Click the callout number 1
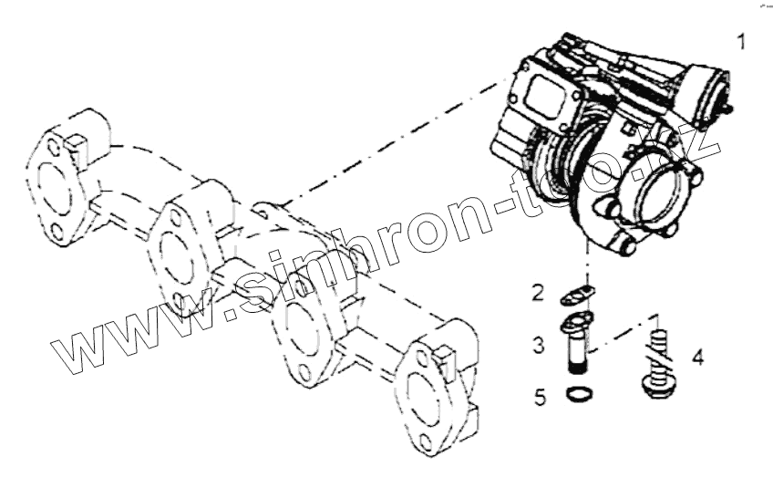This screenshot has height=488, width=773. click(743, 43)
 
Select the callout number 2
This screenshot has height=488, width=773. click(539, 293)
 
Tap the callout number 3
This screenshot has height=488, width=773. click(539, 345)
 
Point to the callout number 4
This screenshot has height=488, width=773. click(697, 357)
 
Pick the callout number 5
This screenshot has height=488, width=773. click(541, 397)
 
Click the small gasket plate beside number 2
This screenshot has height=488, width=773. click(575, 294)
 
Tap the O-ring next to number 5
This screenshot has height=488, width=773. click(578, 394)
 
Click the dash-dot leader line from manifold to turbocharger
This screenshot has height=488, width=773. click(392, 146)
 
